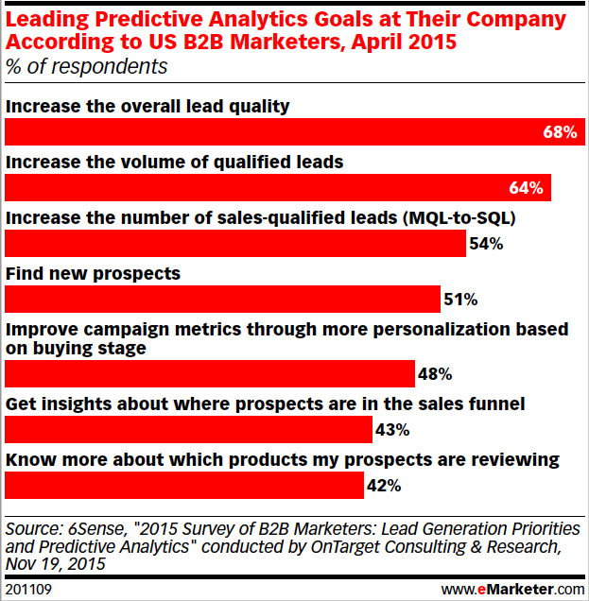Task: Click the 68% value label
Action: (x=559, y=133)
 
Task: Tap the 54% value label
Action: (x=485, y=244)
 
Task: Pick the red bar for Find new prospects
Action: (x=223, y=300)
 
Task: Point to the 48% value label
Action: (x=434, y=373)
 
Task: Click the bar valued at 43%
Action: (x=188, y=430)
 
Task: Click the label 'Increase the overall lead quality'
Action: (x=147, y=106)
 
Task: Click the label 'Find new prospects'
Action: (x=93, y=273)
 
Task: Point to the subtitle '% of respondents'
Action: (x=87, y=67)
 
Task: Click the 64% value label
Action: (x=525, y=188)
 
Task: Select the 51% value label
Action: (x=460, y=300)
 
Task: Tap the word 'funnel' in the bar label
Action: (x=494, y=404)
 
